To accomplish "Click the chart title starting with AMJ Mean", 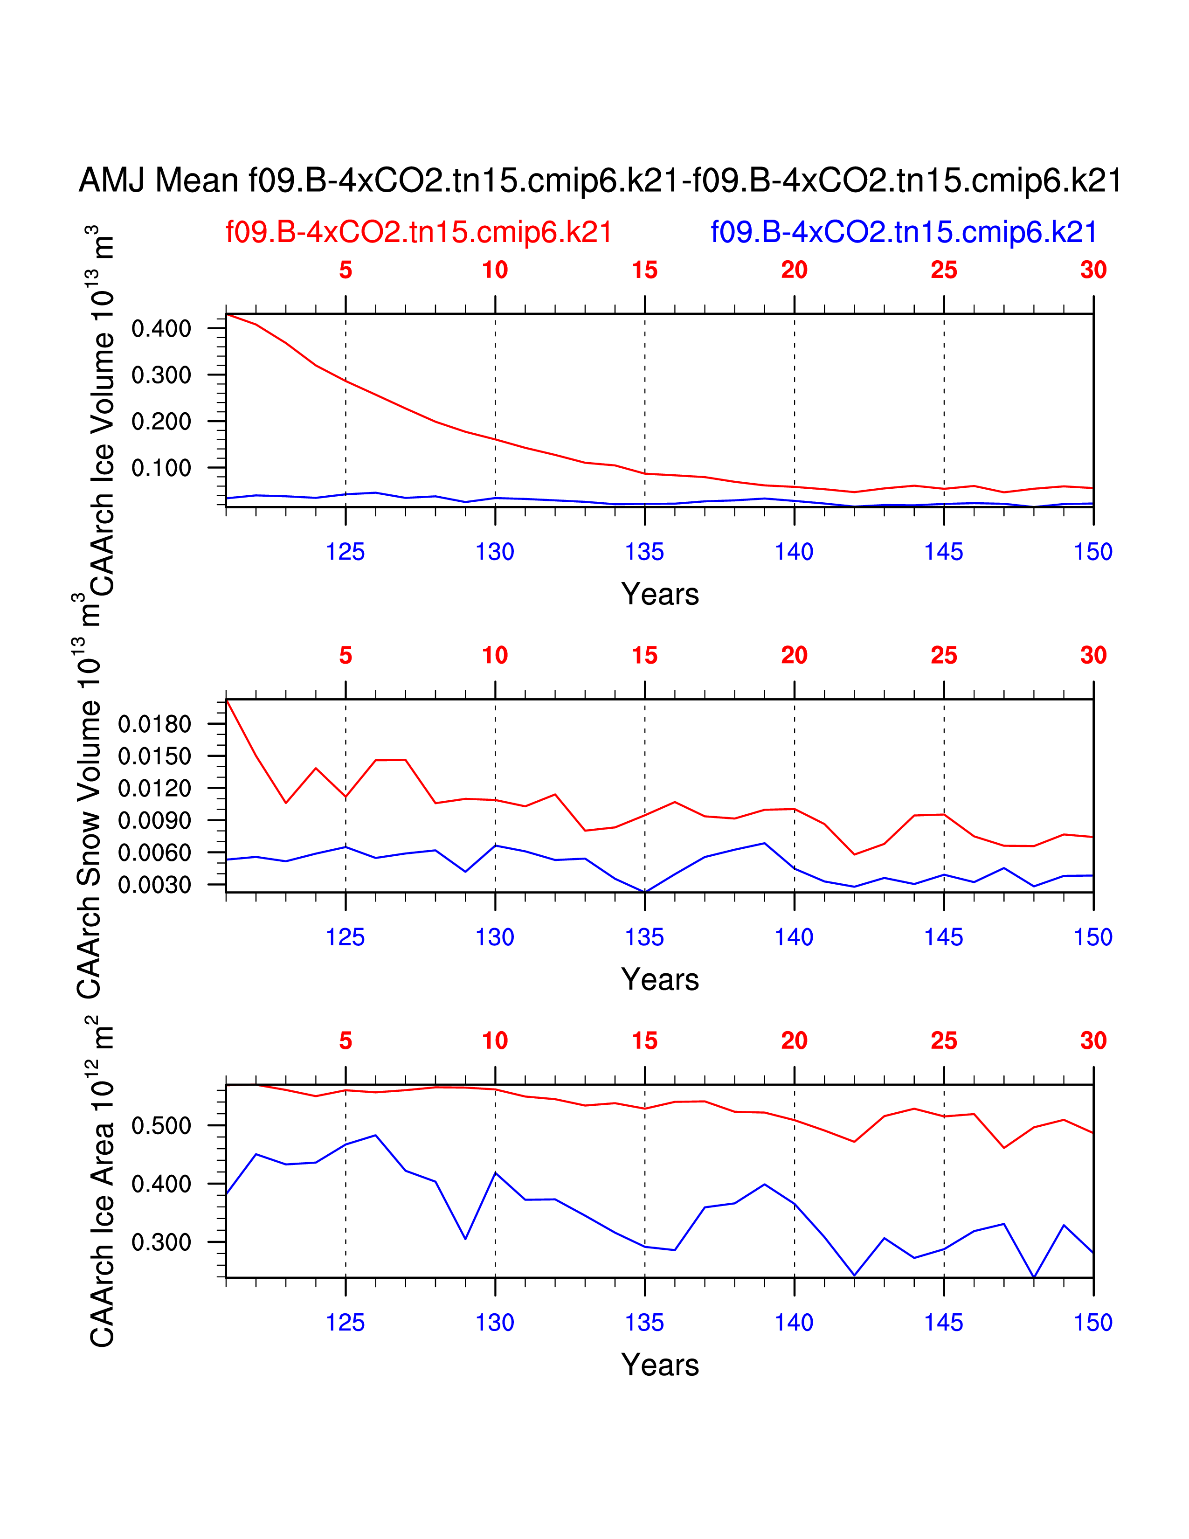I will (600, 180).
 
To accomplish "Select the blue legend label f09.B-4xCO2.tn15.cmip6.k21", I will (904, 232).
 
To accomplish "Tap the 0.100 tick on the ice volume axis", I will (161, 468).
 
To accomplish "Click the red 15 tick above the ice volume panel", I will (644, 270).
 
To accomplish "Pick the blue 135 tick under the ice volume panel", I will (644, 552).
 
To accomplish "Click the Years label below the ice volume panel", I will (660, 594).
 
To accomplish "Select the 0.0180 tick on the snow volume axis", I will (154, 724).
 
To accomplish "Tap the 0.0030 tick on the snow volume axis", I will (154, 884).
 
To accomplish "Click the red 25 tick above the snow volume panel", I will (944, 655).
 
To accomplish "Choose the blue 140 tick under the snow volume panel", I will (794, 937).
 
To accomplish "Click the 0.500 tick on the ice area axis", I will (161, 1125).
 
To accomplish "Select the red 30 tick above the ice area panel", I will (1093, 1041).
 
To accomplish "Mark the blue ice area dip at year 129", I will (466, 1239).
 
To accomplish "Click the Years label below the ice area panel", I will (660, 1365).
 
